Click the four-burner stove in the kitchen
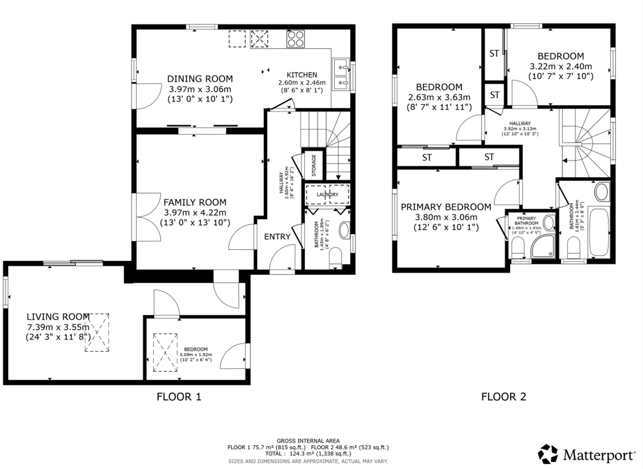(295, 39)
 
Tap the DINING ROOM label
(200, 79)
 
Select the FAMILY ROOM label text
(195, 202)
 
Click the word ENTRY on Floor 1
(277, 237)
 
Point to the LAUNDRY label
(327, 195)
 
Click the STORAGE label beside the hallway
(314, 165)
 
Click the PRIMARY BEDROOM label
(446, 207)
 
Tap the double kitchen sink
(341, 75)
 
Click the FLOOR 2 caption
(503, 397)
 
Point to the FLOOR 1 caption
(179, 397)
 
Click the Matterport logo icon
(548, 454)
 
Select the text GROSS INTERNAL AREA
(308, 441)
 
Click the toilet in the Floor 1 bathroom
(336, 257)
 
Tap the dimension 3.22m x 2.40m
(561, 66)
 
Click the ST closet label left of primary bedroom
(427, 157)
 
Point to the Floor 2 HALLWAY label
(520, 123)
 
